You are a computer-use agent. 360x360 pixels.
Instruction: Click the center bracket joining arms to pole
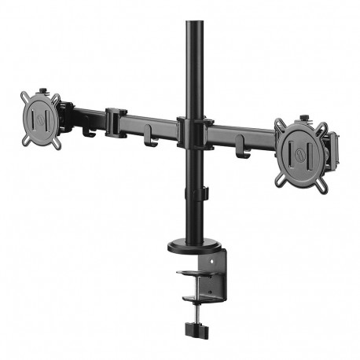point(192,132)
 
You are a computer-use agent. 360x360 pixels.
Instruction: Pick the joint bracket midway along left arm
point(115,121)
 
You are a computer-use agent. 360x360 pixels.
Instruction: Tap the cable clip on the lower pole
point(202,193)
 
